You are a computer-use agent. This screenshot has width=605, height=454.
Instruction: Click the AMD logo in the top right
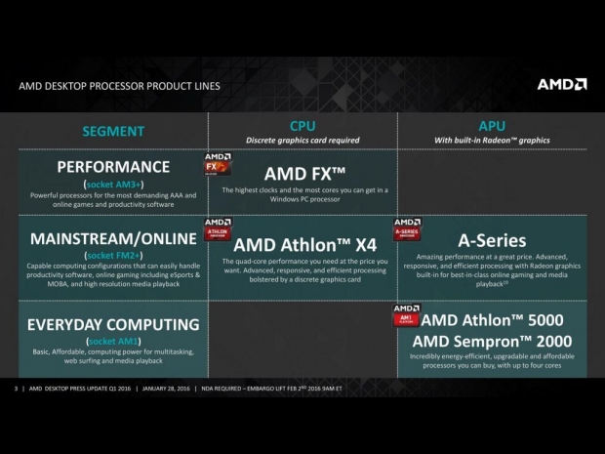tap(561, 84)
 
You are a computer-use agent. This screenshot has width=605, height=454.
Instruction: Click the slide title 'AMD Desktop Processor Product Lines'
tap(119, 86)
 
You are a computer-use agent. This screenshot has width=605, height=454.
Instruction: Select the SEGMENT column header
tap(113, 131)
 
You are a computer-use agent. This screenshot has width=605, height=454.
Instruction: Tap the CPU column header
tap(302, 126)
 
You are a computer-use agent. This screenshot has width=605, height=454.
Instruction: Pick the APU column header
tap(492, 126)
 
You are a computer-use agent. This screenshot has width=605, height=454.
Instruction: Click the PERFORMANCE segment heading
tap(113, 166)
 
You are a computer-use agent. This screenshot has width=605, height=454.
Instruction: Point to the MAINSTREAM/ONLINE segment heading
tap(113, 240)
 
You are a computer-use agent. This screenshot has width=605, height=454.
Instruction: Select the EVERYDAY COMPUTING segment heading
tap(113, 323)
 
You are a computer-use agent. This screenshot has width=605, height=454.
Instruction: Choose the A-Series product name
tap(492, 240)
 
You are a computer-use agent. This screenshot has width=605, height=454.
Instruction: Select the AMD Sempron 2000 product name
tap(492, 341)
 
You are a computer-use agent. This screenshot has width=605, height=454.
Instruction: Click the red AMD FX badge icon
tap(217, 162)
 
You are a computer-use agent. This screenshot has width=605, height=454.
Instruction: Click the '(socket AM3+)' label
tap(113, 184)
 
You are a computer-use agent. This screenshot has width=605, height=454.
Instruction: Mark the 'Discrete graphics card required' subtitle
tap(302, 141)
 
